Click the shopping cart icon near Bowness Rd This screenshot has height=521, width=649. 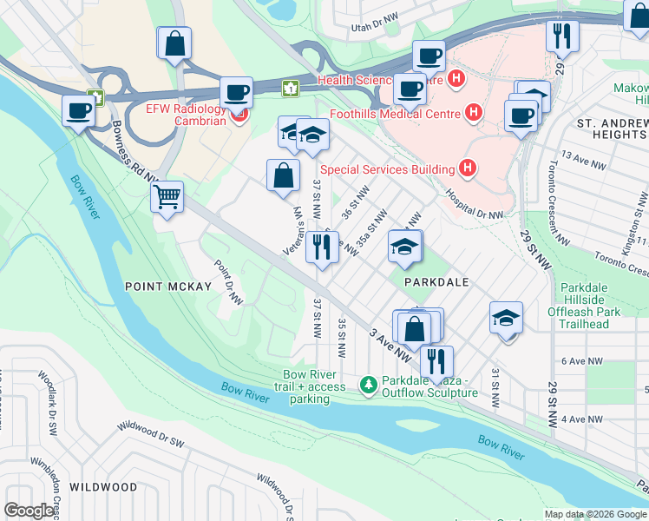point(167,196)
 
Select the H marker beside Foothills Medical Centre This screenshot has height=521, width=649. point(473,111)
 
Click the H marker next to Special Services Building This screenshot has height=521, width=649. point(468,168)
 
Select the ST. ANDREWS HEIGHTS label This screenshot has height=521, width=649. point(612,129)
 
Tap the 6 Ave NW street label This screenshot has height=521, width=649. point(581,360)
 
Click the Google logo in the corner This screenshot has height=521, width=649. point(29,511)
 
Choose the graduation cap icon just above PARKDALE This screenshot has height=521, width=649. point(404,247)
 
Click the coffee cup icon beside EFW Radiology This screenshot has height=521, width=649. point(235,93)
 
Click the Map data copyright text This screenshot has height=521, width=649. point(595,514)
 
